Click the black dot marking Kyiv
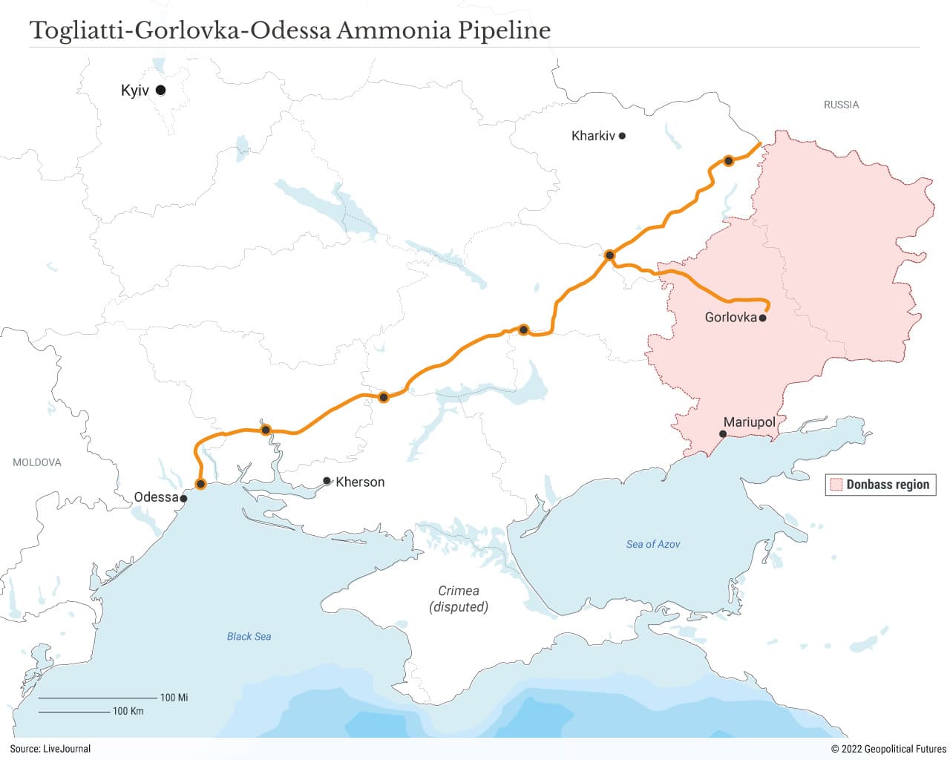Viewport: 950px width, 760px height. click(160, 91)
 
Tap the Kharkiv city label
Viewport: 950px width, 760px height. click(593, 136)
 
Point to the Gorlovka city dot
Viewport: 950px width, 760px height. click(762, 318)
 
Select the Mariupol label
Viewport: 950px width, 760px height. click(749, 422)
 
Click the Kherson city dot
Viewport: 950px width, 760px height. click(327, 481)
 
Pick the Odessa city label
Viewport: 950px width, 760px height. click(156, 497)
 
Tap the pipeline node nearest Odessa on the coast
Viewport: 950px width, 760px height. click(200, 484)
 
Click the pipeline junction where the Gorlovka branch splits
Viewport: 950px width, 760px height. click(609, 255)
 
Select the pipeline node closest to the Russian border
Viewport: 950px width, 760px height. click(729, 160)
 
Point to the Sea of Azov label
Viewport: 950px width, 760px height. click(652, 544)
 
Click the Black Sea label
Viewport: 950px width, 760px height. click(249, 636)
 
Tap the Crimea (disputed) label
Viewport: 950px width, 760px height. click(459, 599)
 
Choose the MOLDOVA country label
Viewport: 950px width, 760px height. click(37, 462)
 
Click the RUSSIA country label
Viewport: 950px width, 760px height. click(841, 105)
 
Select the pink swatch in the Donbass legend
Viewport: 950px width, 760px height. click(836, 485)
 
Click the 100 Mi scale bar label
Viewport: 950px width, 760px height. click(174, 698)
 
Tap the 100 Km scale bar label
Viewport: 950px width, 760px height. click(128, 711)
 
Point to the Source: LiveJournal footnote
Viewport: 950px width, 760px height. click(50, 749)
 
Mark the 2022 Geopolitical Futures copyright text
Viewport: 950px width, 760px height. click(888, 749)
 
